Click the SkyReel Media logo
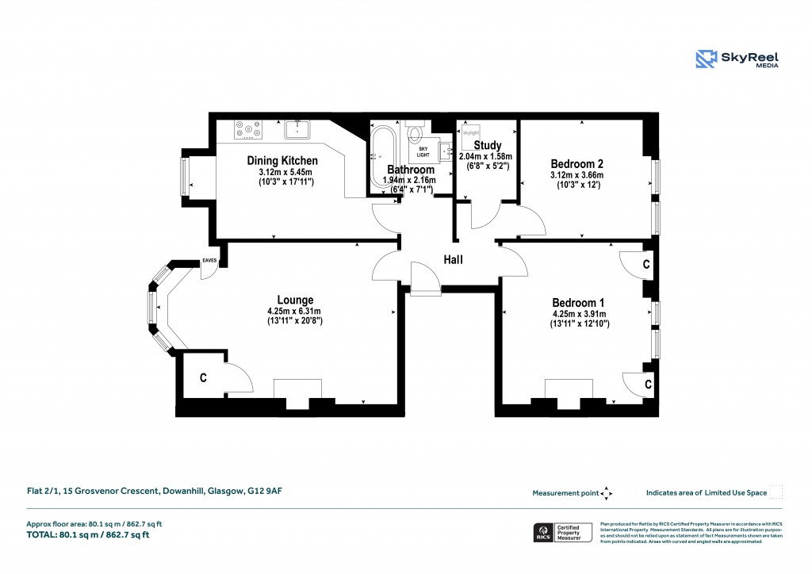tap(737, 59)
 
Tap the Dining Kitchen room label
tap(282, 160)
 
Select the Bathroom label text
tap(410, 170)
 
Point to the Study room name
tap(487, 145)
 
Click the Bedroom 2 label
tap(576, 163)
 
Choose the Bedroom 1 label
tap(578, 303)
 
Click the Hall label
tap(453, 260)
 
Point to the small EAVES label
tap(209, 260)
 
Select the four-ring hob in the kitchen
tap(248, 127)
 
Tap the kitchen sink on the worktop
tap(297, 127)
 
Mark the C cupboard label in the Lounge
tap(203, 379)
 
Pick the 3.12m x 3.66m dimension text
tap(576, 175)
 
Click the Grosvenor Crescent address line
tap(149, 492)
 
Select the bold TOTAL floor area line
tap(88, 535)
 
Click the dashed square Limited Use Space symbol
tap(776, 492)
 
